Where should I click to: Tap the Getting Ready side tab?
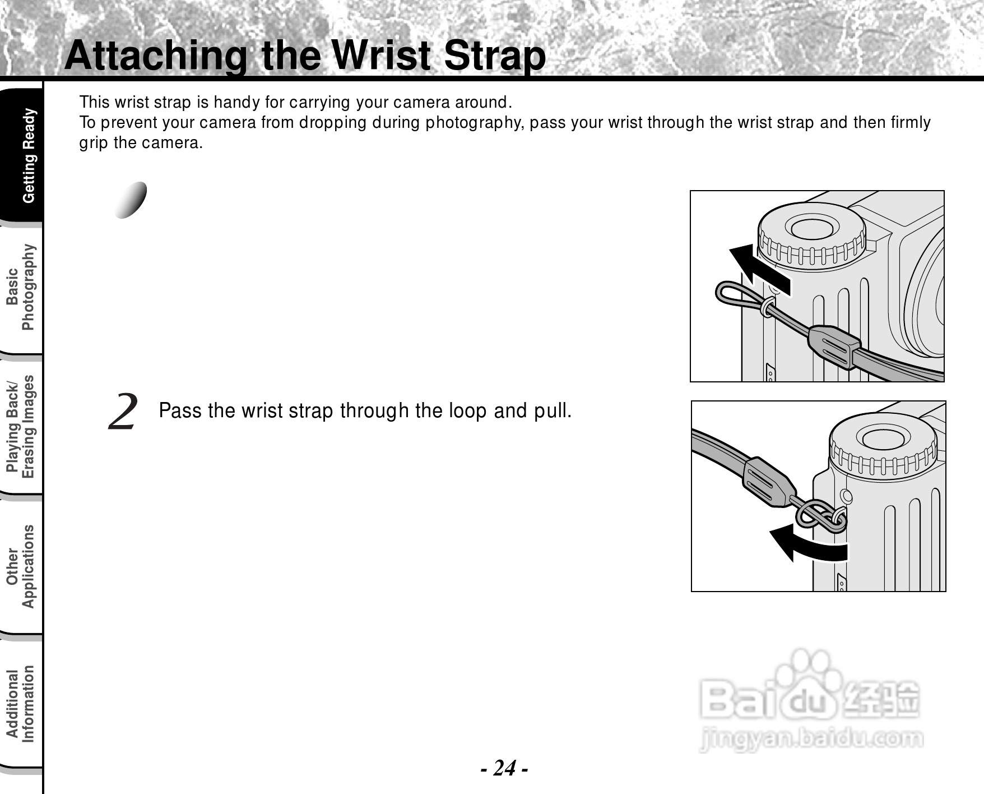coord(29,155)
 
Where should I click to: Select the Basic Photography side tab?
coord(20,287)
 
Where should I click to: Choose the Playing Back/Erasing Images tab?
coord(20,427)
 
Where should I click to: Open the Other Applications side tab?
coord(20,566)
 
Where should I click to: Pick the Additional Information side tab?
coord(20,704)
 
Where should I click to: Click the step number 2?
coord(123,412)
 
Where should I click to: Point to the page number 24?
coord(504,768)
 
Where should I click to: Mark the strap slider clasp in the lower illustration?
coord(767,482)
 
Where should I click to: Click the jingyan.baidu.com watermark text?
coord(811,738)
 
